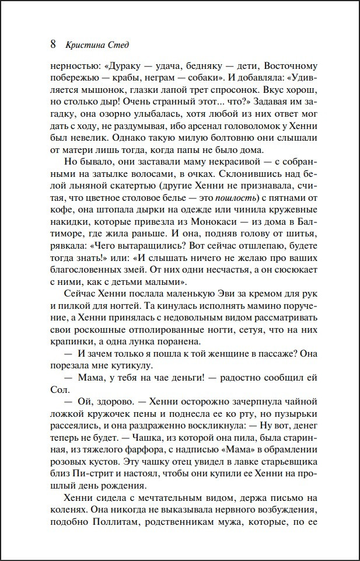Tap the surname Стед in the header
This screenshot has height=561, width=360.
(x=117, y=45)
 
